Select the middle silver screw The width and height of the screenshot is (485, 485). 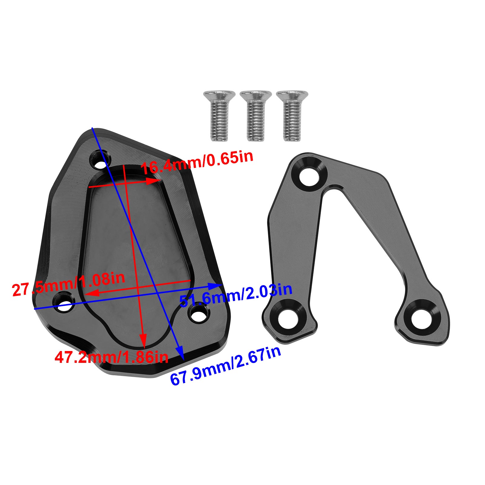[256, 117]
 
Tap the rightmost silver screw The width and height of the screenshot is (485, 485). [292, 117]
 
